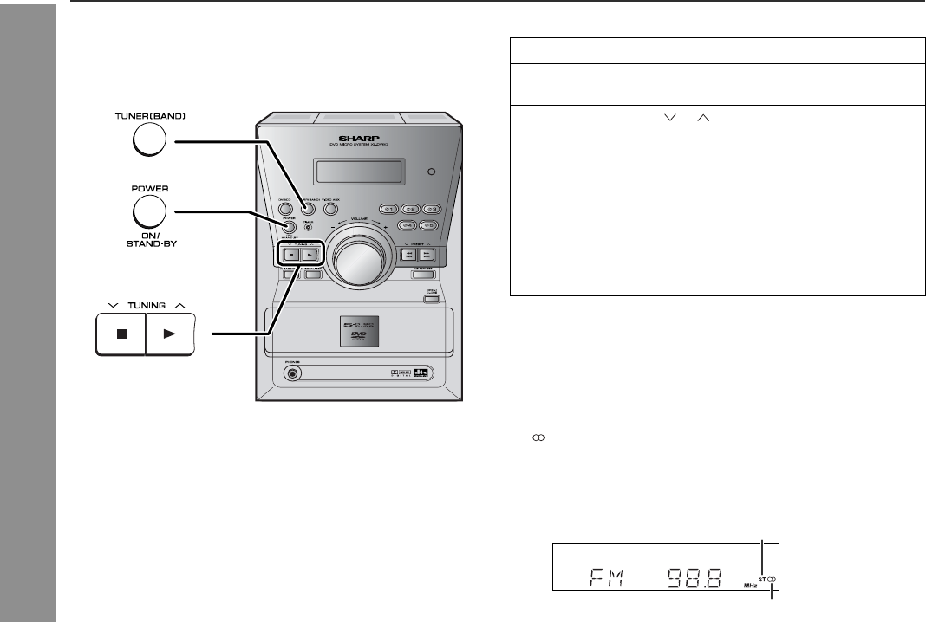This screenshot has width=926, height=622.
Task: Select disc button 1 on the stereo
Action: (389, 210)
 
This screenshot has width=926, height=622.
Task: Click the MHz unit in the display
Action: (749, 584)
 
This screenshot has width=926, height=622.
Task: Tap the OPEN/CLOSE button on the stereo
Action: (430, 299)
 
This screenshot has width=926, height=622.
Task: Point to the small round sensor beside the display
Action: (430, 172)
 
